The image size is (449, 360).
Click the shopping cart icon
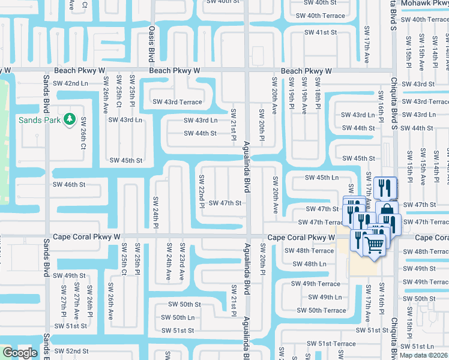[x=375, y=245]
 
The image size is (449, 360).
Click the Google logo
[x=19, y=353]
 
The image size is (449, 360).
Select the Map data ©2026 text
[x=424, y=355]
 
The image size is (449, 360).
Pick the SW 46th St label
[x=69, y=185]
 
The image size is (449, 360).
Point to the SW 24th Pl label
[x=155, y=212]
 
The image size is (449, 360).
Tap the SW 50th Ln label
[x=178, y=317]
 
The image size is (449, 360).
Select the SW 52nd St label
[x=71, y=351]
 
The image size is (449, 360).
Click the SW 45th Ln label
[x=321, y=178]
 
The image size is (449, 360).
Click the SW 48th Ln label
[x=309, y=264]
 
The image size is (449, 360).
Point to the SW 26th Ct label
[x=83, y=132]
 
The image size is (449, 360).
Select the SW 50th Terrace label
[x=322, y=310]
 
